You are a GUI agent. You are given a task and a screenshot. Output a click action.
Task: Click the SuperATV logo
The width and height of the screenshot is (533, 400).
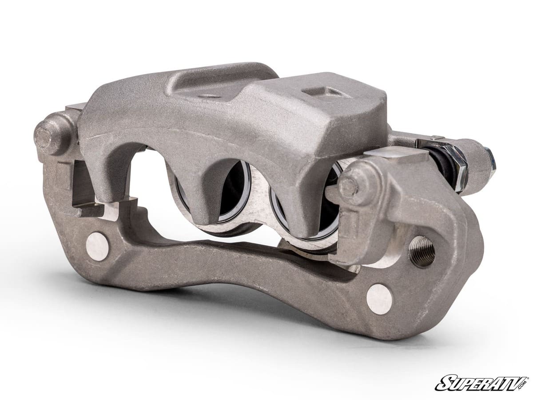click(481, 383)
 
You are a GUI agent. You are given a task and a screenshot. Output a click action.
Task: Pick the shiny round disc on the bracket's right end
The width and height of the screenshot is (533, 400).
click(379, 299)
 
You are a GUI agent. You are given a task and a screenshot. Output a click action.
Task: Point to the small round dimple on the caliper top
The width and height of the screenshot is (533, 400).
click(209, 96)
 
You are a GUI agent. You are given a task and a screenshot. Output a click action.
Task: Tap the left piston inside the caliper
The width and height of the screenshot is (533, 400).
click(235, 196)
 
